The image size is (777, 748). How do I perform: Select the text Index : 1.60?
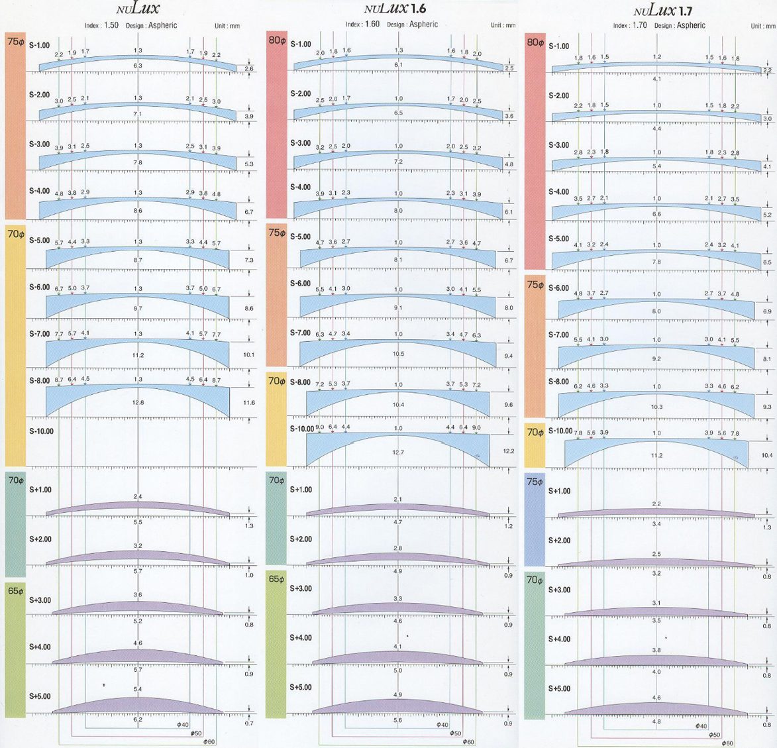click(x=362, y=25)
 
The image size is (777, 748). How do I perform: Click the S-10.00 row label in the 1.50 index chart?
click(x=42, y=431)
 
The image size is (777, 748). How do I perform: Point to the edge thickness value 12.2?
click(x=509, y=451)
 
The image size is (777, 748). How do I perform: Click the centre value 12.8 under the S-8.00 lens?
click(x=138, y=403)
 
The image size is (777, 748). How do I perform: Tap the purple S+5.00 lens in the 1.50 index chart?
click(x=138, y=706)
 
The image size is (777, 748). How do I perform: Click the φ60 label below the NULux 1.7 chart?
click(x=727, y=742)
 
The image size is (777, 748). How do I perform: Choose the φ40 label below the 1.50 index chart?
click(x=183, y=725)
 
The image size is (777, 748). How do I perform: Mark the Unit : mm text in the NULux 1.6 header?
click(x=503, y=25)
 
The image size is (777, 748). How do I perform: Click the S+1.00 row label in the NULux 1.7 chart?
click(x=559, y=491)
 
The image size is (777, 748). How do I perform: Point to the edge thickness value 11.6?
click(x=248, y=403)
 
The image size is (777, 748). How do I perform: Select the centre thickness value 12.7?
click(x=398, y=453)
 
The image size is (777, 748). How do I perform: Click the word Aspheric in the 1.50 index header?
click(x=162, y=25)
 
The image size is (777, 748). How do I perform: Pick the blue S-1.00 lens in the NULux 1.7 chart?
click(x=656, y=67)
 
